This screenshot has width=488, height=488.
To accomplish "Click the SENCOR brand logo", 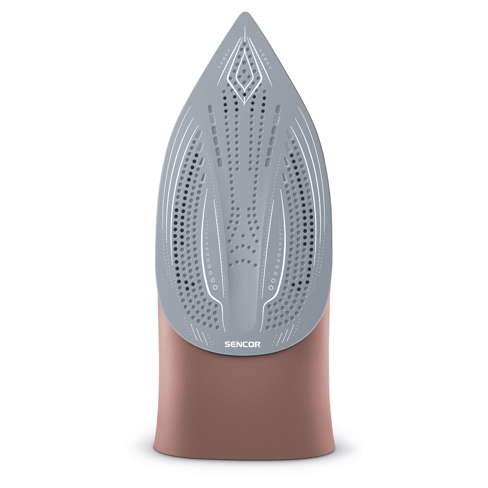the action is pos(242,345).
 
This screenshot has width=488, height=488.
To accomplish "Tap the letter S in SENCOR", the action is pos(227,345).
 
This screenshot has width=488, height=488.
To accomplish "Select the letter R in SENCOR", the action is pos(257,345).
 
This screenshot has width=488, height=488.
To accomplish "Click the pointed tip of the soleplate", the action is pos(244,12).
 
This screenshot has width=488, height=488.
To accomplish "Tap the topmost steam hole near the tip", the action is pos(244,44).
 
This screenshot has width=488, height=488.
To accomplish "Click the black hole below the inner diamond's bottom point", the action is pos(244,95).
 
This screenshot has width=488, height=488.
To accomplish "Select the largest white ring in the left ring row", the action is pos(215,287).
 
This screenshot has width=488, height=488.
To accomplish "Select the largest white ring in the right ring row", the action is pos(271,287).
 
